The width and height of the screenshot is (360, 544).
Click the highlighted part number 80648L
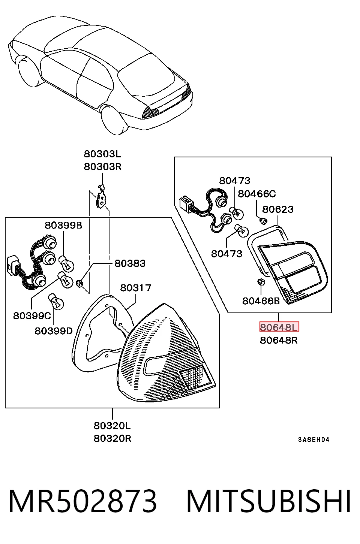[279, 327]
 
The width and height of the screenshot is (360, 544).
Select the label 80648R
[279, 340]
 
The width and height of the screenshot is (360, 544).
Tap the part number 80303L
[102, 154]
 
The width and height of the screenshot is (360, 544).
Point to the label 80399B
[63, 226]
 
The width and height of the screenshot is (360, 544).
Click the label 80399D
[54, 331]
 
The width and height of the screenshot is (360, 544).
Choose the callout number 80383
[130, 263]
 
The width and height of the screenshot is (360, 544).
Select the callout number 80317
[136, 288]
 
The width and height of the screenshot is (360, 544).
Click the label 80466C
[257, 194]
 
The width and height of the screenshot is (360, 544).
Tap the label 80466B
[261, 301]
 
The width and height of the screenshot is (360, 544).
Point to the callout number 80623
[278, 209]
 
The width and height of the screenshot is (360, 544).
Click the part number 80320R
[112, 438]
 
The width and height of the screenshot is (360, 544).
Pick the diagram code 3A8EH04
[314, 440]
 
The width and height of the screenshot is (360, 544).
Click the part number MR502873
[82, 501]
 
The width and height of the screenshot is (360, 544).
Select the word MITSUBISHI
[268, 501]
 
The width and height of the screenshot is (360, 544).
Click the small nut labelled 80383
[79, 283]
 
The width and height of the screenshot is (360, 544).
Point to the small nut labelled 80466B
[261, 282]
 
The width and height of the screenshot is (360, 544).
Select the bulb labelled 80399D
[56, 302]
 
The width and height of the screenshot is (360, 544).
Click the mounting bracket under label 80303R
[102, 198]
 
